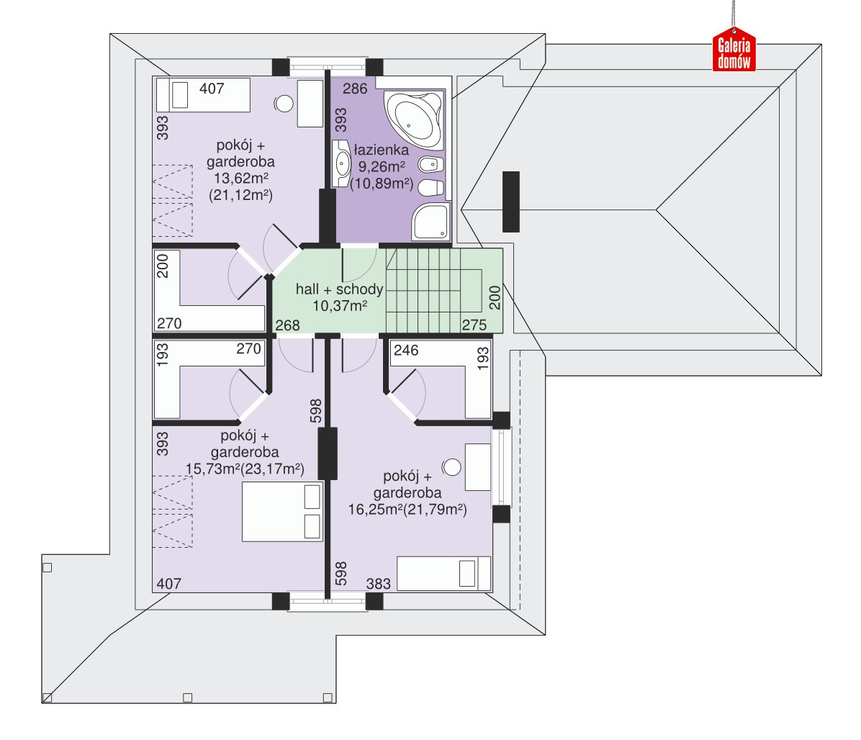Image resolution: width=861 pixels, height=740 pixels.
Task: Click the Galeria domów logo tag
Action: [x=734, y=50]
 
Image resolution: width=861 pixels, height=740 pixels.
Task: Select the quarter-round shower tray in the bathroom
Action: [x=431, y=221]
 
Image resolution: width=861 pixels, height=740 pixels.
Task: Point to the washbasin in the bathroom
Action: [x=341, y=163]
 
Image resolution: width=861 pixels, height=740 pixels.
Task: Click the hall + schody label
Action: [x=339, y=289]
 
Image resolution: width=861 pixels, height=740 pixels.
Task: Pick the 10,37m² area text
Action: [x=340, y=306]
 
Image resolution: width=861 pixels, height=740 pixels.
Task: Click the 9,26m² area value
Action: [x=382, y=166]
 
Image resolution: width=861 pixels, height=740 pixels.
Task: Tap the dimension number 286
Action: [x=355, y=89]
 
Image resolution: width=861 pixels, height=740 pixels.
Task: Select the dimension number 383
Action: [x=379, y=584]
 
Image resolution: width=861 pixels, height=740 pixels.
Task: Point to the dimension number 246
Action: [x=406, y=351]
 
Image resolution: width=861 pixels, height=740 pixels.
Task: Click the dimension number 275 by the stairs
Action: [x=474, y=325]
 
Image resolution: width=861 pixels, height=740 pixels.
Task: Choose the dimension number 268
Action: [x=287, y=325]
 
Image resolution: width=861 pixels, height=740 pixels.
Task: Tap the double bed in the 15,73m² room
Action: [x=282, y=512]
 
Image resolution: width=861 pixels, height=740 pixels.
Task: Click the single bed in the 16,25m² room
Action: [x=443, y=574]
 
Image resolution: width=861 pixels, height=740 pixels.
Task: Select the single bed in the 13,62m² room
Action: [x=203, y=95]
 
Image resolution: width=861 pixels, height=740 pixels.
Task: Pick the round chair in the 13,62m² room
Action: [x=284, y=103]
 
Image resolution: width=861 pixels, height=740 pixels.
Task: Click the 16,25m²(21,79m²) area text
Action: [x=407, y=510]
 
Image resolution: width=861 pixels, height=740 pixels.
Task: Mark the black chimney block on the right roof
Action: [x=511, y=202]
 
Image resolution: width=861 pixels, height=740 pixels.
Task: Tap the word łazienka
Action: [x=381, y=150]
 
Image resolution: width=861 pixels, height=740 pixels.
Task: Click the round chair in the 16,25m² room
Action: [x=452, y=467]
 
